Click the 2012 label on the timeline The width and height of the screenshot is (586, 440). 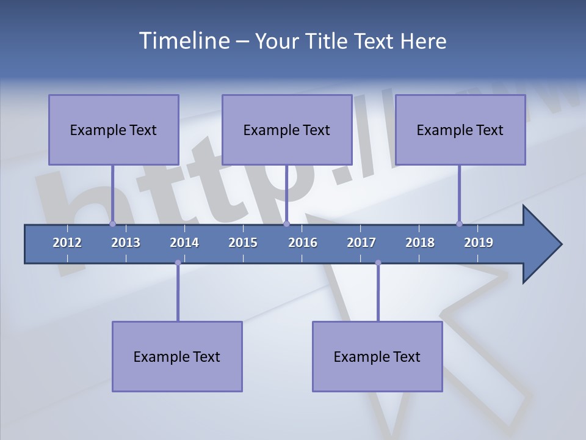coord(67,243)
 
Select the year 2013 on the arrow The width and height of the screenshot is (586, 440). coord(126,243)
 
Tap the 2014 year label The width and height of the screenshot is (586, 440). coord(184,243)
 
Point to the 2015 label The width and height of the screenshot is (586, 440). coord(243,243)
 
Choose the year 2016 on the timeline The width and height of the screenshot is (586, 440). coord(303,243)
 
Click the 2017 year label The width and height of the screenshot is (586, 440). coord(361,243)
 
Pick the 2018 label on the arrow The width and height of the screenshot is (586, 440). coord(420,243)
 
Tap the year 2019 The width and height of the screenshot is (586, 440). coord(479,243)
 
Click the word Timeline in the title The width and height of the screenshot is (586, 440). coord(183,41)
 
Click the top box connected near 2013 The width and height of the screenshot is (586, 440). coord(114,130)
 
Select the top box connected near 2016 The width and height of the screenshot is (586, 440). coord(287,130)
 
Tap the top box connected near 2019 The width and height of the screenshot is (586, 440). coord(460,130)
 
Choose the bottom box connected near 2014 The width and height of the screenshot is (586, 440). coord(177,356)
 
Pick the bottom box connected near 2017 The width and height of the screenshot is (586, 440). coord(377,356)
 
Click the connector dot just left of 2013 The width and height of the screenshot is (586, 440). coord(112,224)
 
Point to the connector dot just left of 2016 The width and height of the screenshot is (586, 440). coord(286,224)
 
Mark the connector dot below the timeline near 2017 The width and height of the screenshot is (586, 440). coord(378,263)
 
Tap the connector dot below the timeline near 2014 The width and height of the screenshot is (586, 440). coord(178,263)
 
